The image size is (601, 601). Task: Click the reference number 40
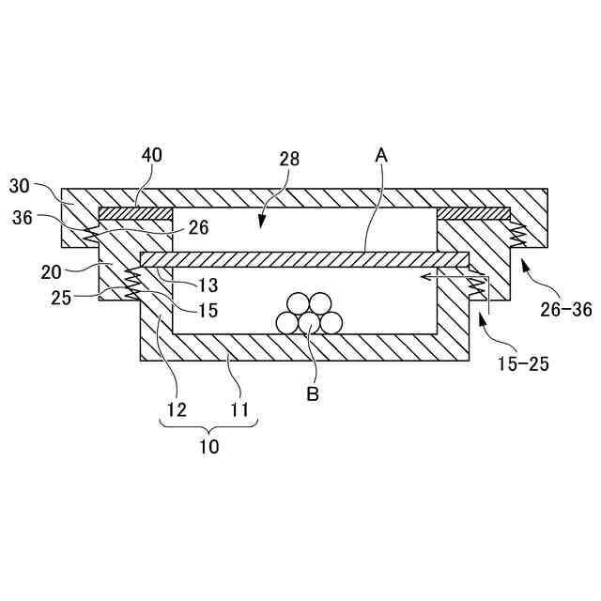click(x=151, y=155)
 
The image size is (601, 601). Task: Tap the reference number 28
click(x=288, y=159)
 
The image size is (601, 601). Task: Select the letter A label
click(x=381, y=156)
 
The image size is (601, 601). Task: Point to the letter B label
click(x=313, y=394)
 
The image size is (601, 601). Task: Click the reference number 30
click(x=20, y=186)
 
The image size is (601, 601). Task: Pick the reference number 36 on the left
click(x=23, y=217)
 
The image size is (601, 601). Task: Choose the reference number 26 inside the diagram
click(x=198, y=226)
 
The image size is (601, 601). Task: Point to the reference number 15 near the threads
click(x=208, y=310)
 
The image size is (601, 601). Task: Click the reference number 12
click(x=177, y=409)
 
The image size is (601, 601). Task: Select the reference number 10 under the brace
click(x=208, y=447)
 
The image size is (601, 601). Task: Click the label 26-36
click(x=567, y=308)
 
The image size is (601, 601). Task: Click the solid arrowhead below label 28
click(x=262, y=223)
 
